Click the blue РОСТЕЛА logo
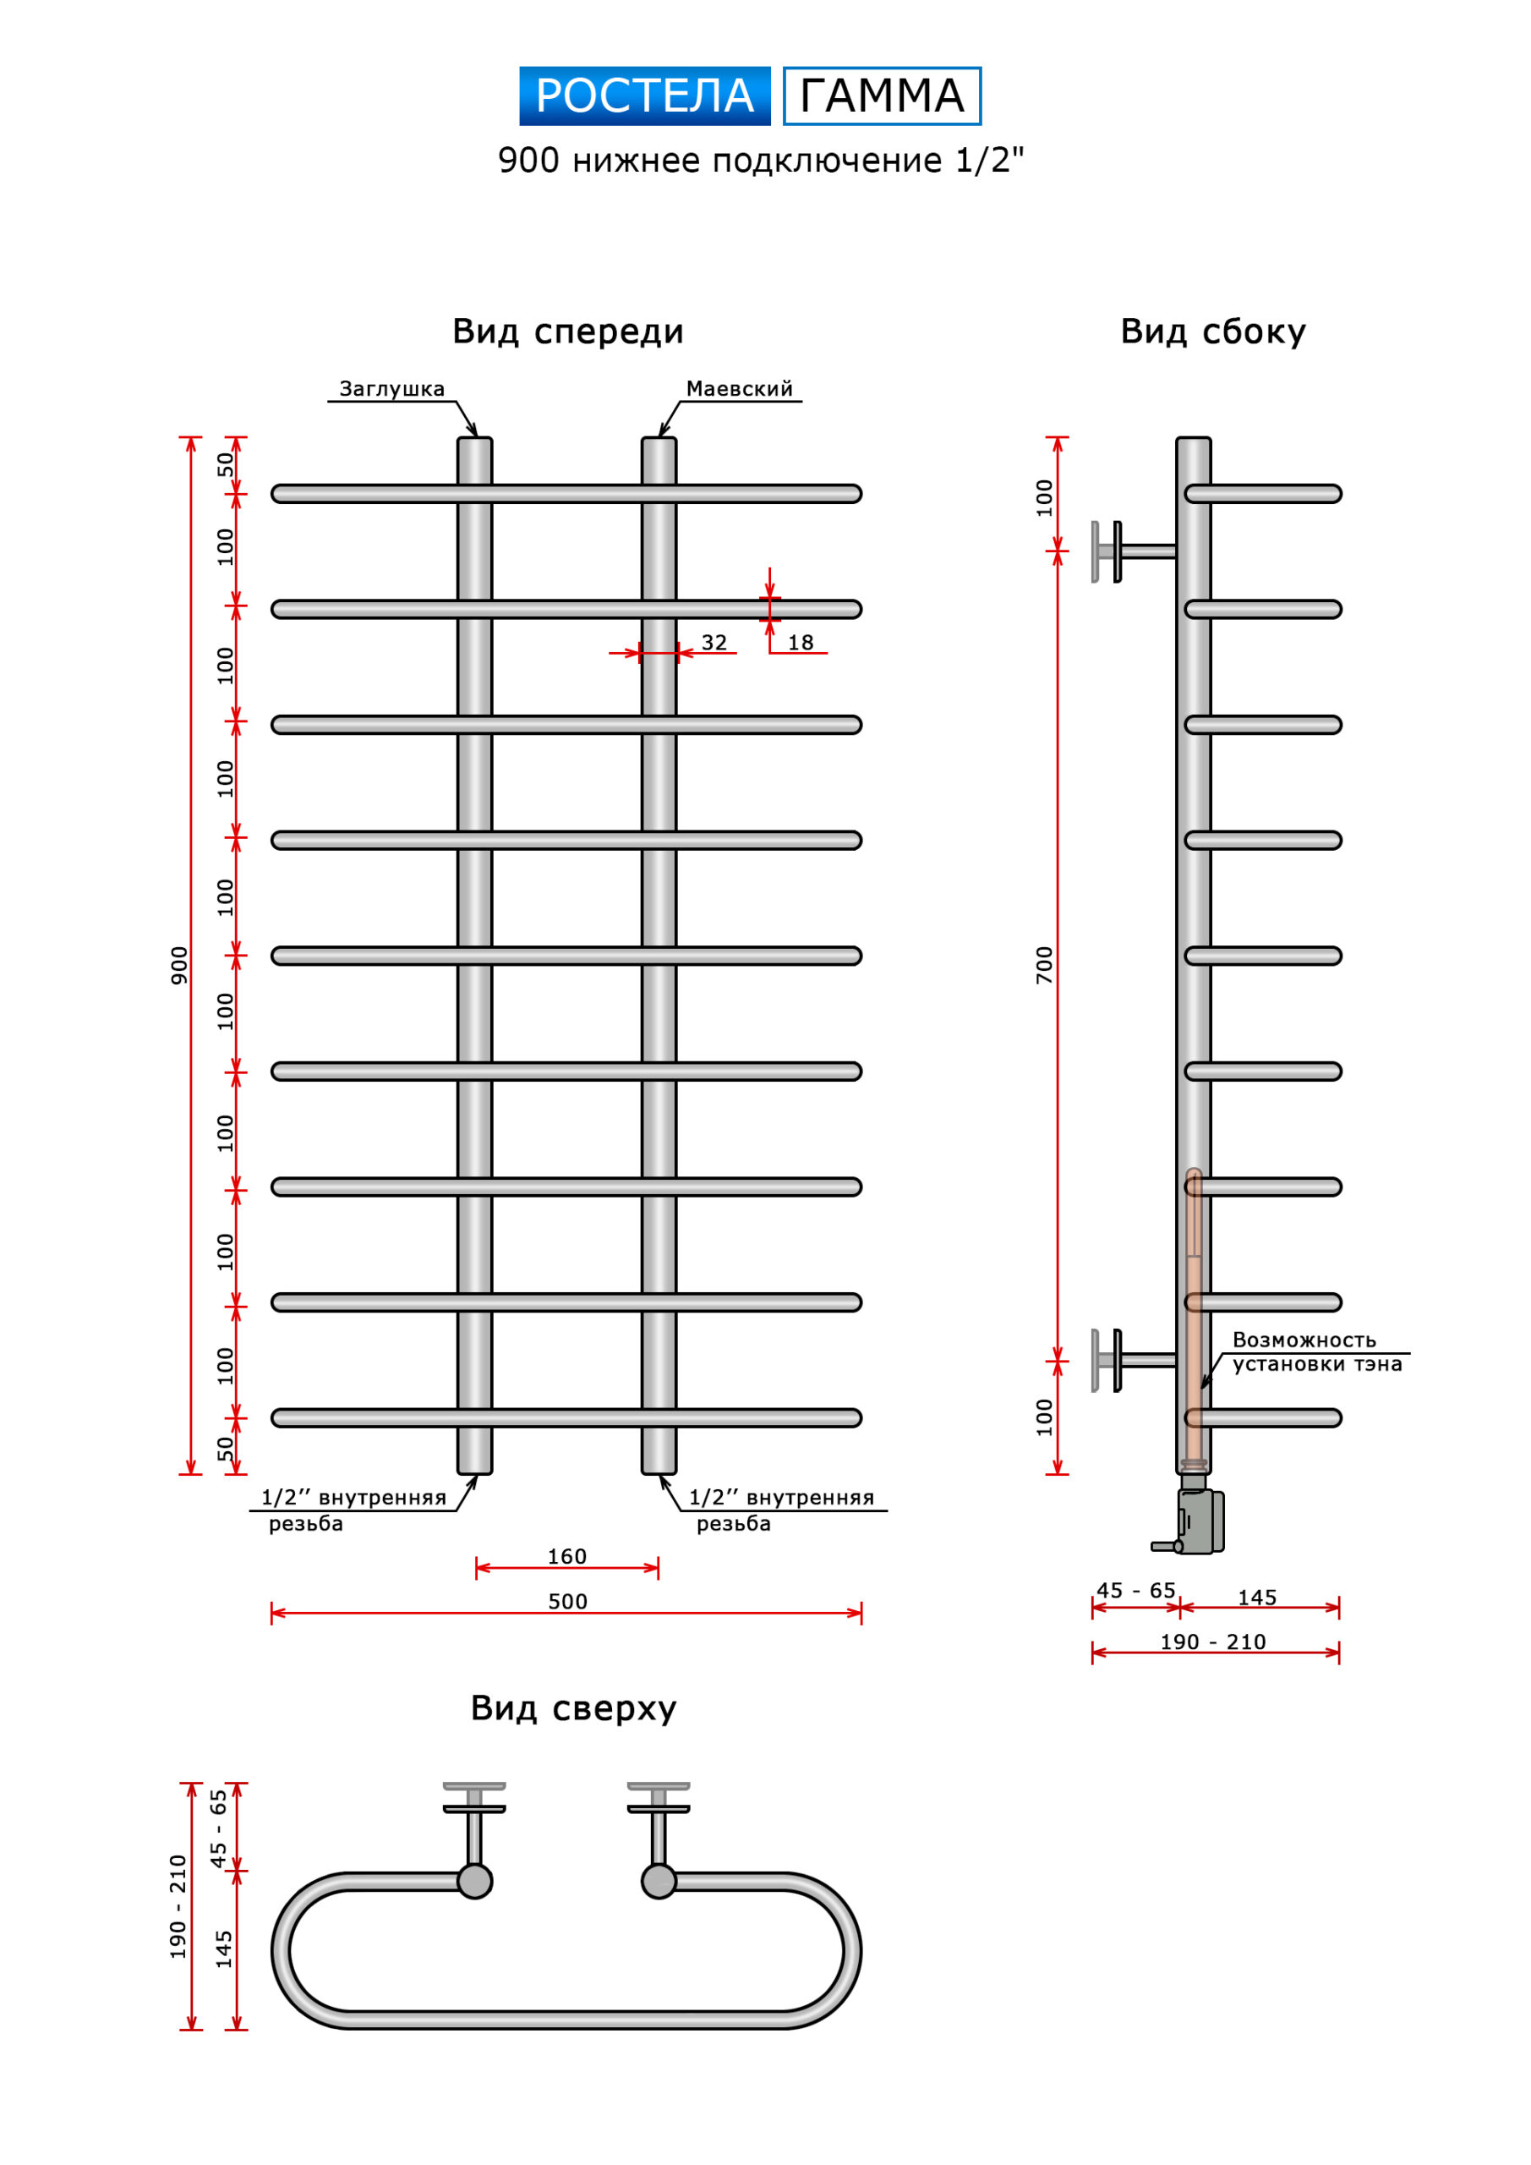(x=645, y=96)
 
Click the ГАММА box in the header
(x=882, y=96)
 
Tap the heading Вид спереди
(x=567, y=332)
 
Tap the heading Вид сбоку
(x=1212, y=332)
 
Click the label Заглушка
(x=391, y=388)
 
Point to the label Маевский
(x=739, y=388)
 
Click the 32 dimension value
(x=714, y=642)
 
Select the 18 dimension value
(x=801, y=642)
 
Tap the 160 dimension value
(x=566, y=1556)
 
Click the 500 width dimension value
(x=566, y=1601)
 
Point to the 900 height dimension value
(x=179, y=966)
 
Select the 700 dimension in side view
(x=1043, y=966)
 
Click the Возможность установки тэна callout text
(x=1316, y=1351)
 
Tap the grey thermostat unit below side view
(x=1199, y=1520)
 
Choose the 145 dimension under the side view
(x=1256, y=1598)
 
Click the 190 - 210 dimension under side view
(x=1212, y=1642)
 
